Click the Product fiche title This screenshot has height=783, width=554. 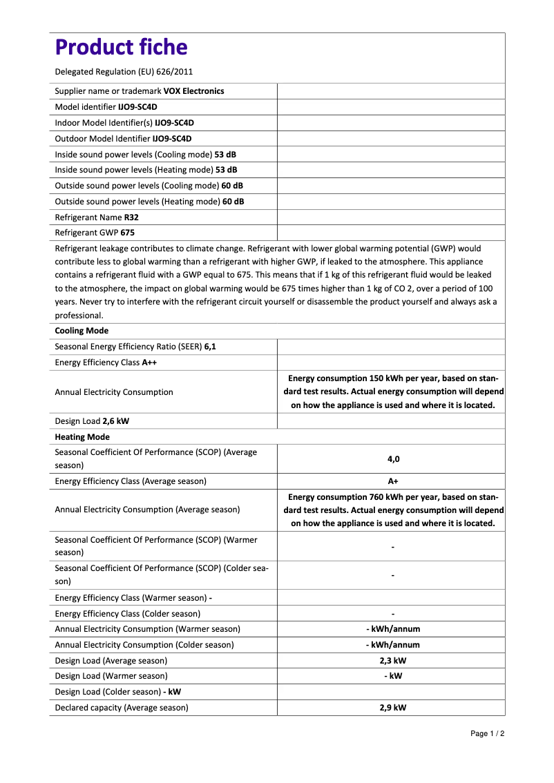(x=121, y=47)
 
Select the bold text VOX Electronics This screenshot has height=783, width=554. (x=193, y=91)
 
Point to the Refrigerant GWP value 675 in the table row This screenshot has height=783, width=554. (x=127, y=233)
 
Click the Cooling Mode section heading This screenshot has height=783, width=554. (x=82, y=331)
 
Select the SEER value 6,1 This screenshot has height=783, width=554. (x=210, y=347)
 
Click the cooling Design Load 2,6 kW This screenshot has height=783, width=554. (x=115, y=421)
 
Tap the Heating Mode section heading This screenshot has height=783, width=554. (x=82, y=437)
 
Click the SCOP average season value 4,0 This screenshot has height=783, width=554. (x=393, y=458)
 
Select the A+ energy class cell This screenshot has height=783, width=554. (x=393, y=481)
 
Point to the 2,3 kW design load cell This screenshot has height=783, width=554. (x=393, y=660)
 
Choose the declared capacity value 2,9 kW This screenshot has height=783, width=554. (x=393, y=708)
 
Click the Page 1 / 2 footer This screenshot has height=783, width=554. (x=488, y=733)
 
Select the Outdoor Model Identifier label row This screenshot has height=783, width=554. (x=123, y=138)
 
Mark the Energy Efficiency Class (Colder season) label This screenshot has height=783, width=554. (x=128, y=613)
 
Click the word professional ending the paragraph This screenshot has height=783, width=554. (x=79, y=316)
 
